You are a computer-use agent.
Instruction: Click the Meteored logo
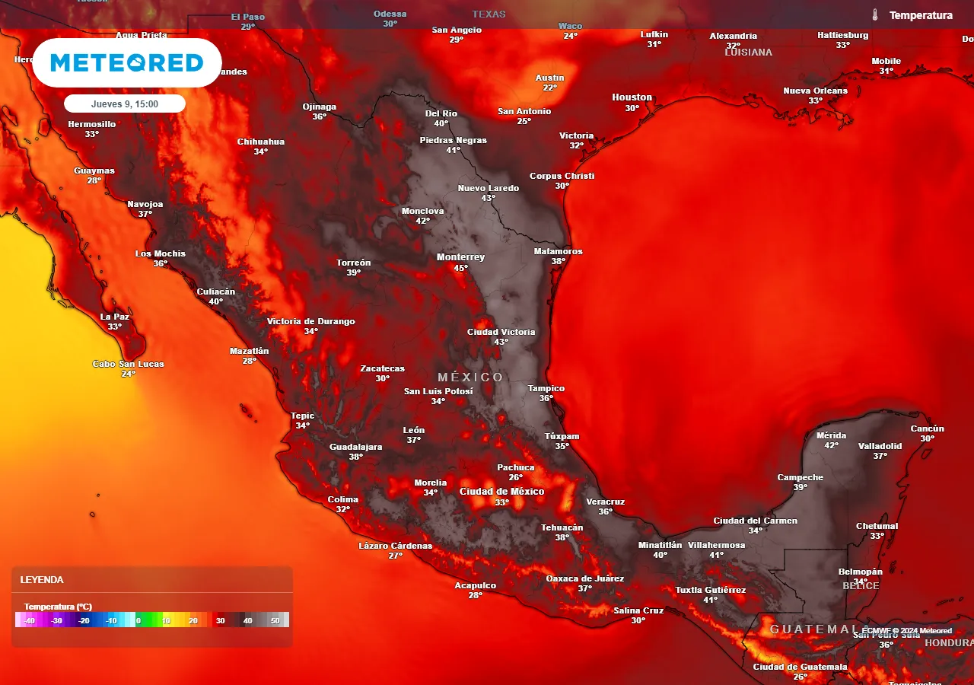point(127,62)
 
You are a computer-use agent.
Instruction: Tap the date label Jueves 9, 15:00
point(125,104)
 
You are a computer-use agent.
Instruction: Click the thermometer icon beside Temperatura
point(876,15)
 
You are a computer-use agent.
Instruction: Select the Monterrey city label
point(460,257)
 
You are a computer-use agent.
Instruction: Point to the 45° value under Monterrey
point(461,268)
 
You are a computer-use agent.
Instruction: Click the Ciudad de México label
point(501,492)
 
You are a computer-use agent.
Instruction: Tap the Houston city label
point(632,97)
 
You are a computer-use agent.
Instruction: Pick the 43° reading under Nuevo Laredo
point(489,198)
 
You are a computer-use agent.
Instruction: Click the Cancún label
point(927,429)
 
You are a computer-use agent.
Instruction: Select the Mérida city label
point(831,435)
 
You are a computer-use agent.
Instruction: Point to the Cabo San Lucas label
point(129,364)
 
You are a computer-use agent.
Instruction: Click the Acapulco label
point(476,585)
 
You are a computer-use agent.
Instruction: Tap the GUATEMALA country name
point(813,629)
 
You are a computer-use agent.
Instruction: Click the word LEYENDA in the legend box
point(41,580)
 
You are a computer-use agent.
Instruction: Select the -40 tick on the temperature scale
point(30,621)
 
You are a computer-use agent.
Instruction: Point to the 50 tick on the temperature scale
point(275,621)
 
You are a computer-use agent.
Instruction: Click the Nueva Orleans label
point(815,91)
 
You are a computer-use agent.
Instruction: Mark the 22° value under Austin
point(550,88)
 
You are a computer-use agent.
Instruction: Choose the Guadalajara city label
point(355,447)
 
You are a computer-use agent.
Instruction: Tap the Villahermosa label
point(716,545)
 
